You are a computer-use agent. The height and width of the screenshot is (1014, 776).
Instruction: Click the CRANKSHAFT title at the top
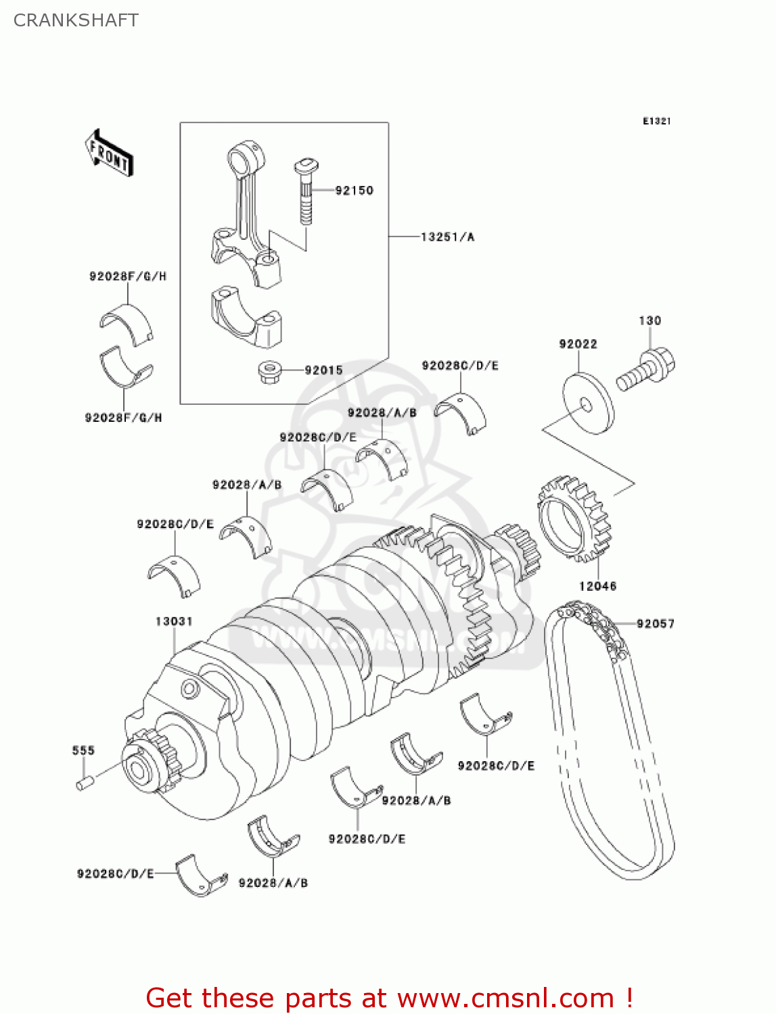tap(76, 20)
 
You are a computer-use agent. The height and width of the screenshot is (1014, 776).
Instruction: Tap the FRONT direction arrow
tap(109, 153)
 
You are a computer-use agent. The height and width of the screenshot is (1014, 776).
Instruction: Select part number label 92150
tap(354, 191)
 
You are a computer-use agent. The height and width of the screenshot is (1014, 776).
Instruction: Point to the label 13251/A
tap(447, 237)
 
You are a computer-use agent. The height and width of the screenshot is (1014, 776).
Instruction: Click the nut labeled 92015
tap(270, 372)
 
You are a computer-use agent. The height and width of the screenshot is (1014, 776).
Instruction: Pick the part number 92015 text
tap(323, 370)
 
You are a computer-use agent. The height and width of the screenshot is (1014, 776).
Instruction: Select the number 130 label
tap(649, 320)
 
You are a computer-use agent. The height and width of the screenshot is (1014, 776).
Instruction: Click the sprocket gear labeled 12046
tap(574, 519)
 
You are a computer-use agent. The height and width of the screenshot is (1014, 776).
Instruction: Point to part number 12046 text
tap(597, 586)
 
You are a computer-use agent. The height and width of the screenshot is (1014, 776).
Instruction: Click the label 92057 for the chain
tap(655, 623)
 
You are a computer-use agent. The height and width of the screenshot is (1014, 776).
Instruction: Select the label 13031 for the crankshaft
tap(174, 621)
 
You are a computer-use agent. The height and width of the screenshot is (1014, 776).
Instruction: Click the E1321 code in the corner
tap(656, 121)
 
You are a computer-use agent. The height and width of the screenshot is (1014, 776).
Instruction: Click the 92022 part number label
tap(578, 344)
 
